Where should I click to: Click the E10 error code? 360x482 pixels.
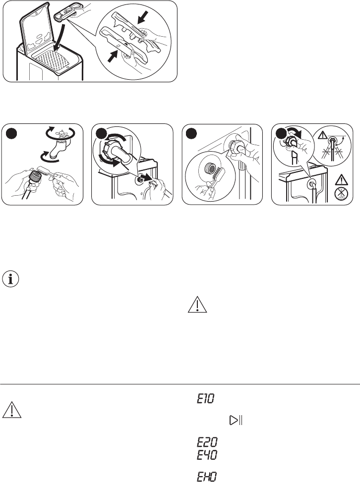pos(206,399)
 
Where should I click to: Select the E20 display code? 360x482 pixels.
pos(207,442)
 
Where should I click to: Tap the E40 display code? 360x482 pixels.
pos(207,455)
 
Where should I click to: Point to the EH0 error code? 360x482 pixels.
pos(207,477)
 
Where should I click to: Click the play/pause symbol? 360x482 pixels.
pos(236,420)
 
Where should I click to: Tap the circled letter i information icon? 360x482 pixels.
pos(10,279)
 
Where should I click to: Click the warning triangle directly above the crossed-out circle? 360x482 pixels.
pos(341,180)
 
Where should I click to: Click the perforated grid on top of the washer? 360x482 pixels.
pos(51,60)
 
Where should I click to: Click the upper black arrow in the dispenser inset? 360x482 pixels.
pos(143,17)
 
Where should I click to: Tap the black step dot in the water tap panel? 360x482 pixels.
pos(11,134)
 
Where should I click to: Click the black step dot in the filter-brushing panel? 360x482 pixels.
pos(191,134)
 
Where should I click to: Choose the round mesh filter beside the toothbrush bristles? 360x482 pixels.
pos(210,168)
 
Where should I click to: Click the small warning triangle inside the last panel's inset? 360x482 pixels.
pos(323,134)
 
